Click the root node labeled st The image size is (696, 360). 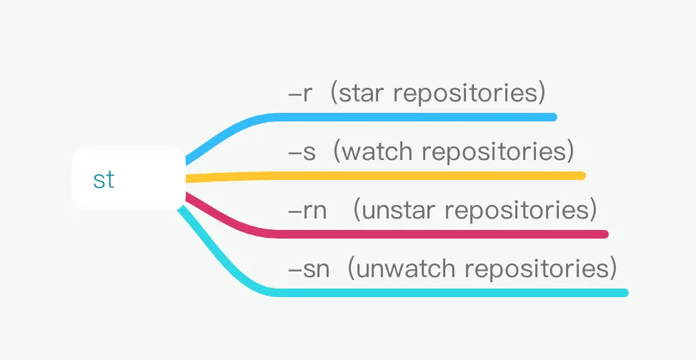point(128,179)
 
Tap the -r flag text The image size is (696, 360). point(300,94)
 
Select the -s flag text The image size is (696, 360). point(302,152)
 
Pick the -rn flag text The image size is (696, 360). point(307,211)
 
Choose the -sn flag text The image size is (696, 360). point(309,269)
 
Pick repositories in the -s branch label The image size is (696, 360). point(494,152)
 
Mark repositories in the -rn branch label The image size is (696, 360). point(517,211)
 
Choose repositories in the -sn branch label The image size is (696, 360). point(537,269)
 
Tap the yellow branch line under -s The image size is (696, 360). point(384,176)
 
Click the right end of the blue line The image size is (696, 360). point(555,117)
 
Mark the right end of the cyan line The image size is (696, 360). point(626,293)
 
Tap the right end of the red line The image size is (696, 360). point(605,234)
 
